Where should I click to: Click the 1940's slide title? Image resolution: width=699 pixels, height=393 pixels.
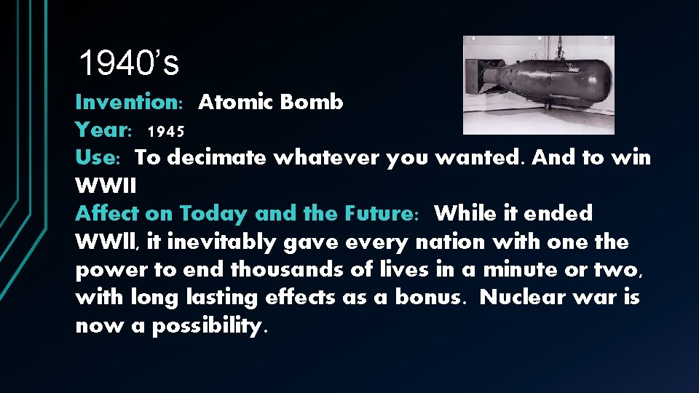[x=128, y=64]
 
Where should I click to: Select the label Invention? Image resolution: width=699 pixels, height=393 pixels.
[x=130, y=103]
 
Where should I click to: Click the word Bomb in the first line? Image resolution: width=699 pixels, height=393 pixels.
[x=312, y=103]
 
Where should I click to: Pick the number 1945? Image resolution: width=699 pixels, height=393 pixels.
[x=166, y=132]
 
